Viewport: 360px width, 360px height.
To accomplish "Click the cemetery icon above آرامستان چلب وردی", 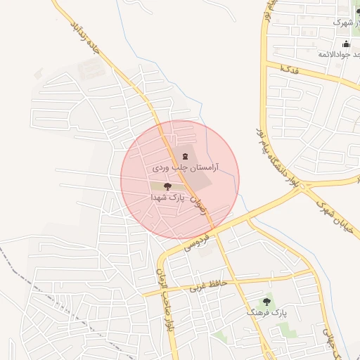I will [185, 156].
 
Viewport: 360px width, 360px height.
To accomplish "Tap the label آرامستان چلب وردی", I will [186, 169].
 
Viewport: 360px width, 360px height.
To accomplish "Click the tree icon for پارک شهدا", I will [167, 186].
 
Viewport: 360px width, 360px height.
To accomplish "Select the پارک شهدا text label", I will [167, 198].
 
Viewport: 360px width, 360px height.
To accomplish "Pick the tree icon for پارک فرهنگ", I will [266, 300].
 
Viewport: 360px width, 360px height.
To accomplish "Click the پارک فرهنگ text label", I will [266, 311].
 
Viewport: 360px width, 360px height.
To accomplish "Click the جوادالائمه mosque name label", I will [337, 54].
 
